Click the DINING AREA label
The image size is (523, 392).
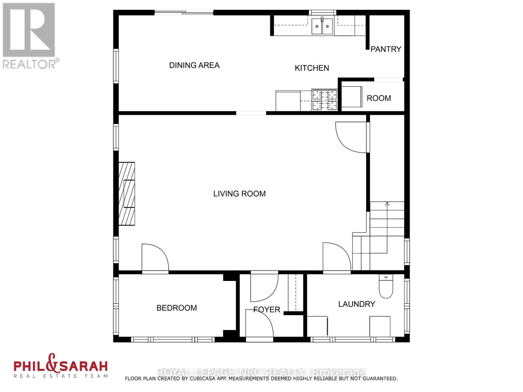click(x=194, y=65)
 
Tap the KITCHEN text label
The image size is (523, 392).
click(x=312, y=68)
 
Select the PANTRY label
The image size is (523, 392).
click(x=386, y=49)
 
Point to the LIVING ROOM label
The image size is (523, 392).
click(x=239, y=194)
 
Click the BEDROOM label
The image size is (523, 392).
click(x=177, y=308)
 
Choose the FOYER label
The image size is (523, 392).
click(x=267, y=309)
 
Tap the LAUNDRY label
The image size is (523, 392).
click(x=357, y=304)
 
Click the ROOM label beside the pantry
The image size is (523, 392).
click(x=379, y=98)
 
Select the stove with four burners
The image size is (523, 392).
click(x=324, y=100)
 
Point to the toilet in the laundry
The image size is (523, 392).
click(x=386, y=286)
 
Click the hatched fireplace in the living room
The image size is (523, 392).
click(x=127, y=193)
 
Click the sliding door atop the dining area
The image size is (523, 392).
click(x=184, y=13)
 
